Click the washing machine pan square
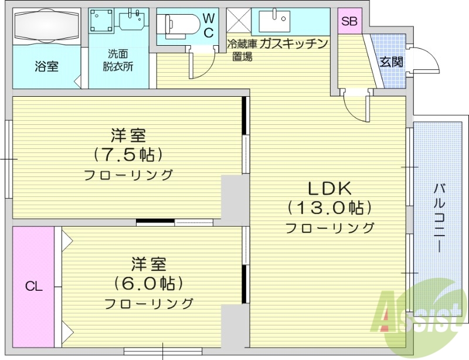(x=103, y=22)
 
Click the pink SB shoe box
(x=349, y=21)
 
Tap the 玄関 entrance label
(x=390, y=62)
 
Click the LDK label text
(x=329, y=189)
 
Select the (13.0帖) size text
(x=329, y=208)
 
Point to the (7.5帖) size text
(x=128, y=155)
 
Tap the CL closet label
(x=33, y=287)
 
